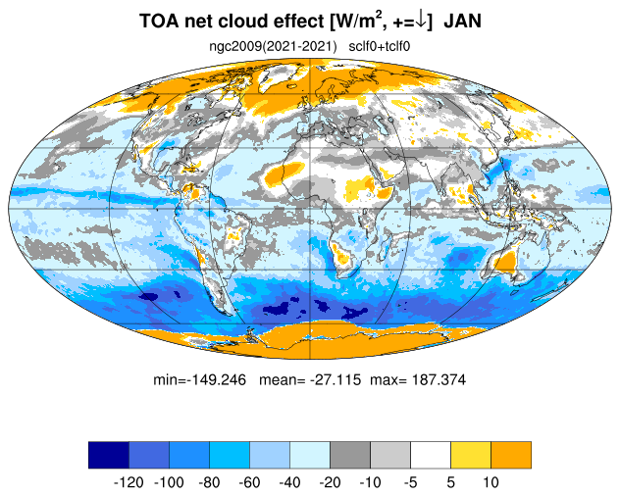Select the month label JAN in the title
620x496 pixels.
click(462, 21)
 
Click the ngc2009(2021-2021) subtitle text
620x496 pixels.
click(273, 47)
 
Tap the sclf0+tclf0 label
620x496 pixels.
click(380, 46)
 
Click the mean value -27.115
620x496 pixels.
click(336, 379)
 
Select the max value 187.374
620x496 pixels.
click(439, 379)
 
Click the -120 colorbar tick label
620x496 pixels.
click(129, 482)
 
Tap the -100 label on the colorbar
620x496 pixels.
click(169, 482)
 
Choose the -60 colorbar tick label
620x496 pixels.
click(249, 482)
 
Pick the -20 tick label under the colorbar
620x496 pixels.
click(330, 482)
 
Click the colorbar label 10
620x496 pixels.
click(491, 482)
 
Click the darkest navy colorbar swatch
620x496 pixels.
click(109, 455)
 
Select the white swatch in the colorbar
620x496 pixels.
click(431, 455)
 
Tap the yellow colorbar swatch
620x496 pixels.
click(471, 455)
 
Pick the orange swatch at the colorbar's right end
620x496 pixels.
click(511, 455)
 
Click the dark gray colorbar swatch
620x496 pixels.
click(350, 455)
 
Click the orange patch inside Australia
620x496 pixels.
click(505, 262)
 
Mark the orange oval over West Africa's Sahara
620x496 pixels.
click(283, 174)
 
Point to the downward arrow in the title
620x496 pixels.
click(422, 21)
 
